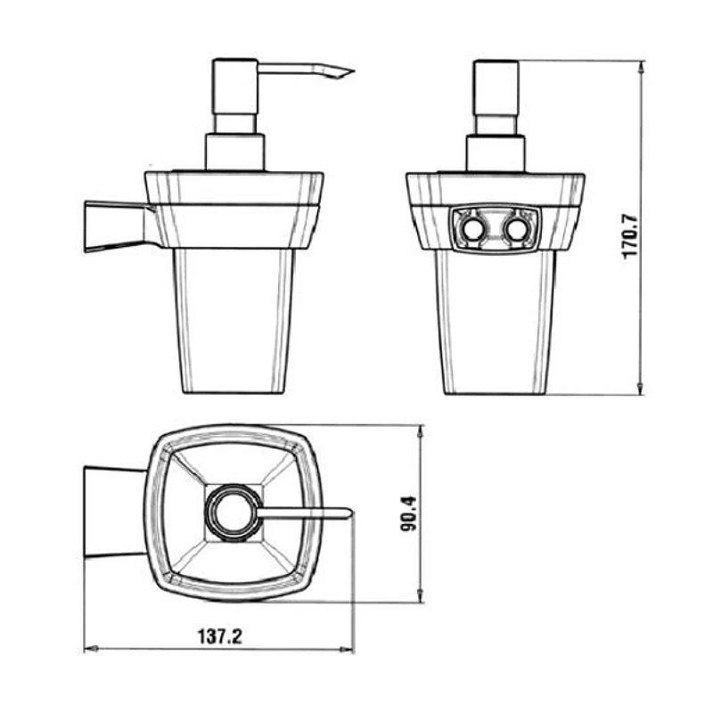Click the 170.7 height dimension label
[x=630, y=236]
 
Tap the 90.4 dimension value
[x=409, y=514]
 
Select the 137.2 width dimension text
[x=219, y=636]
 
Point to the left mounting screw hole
[x=472, y=230]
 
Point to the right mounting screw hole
[x=516, y=230]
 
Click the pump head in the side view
[x=235, y=86]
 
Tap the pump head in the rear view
[x=496, y=87]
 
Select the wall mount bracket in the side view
[x=119, y=226]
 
